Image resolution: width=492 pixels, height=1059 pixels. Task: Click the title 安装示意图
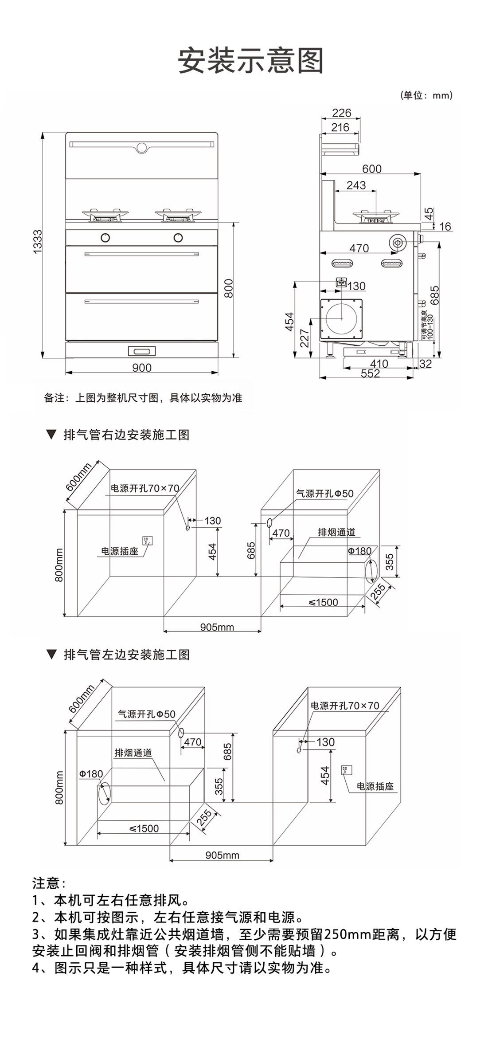tap(251, 60)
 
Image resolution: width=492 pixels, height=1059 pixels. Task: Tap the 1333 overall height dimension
tap(38, 242)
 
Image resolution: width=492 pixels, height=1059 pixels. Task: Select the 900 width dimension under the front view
tap(141, 368)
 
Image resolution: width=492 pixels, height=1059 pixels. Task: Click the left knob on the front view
tap(105, 237)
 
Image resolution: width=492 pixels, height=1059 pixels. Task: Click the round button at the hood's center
tap(142, 147)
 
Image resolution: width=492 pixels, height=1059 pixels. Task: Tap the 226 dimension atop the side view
tap(341, 113)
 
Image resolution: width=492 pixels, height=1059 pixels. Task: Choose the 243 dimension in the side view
tap(356, 185)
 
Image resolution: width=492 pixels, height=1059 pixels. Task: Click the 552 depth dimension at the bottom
tap(370, 374)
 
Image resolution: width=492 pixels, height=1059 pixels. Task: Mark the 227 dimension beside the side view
tap(305, 338)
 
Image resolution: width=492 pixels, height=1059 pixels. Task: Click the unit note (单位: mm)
tap(426, 95)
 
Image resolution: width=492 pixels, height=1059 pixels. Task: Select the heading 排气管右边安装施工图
tap(126, 435)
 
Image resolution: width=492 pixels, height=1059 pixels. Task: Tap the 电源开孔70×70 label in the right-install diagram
tap(145, 488)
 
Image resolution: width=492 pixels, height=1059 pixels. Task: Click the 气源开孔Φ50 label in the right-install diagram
tap(324, 493)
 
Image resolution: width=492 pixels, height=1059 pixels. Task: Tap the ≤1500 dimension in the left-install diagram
tap(144, 828)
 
